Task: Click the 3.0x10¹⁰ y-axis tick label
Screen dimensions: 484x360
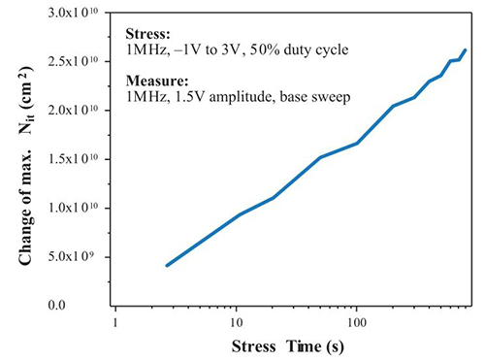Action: point(73,15)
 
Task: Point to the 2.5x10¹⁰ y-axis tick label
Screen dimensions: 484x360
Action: point(73,62)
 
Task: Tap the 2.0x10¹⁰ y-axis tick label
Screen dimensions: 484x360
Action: point(73,112)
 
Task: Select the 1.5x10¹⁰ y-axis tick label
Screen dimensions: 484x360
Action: point(73,160)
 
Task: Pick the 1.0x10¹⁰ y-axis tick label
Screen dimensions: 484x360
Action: point(73,209)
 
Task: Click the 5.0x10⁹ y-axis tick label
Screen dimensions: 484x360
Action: point(71,258)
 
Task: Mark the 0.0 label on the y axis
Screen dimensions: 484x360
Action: point(56,305)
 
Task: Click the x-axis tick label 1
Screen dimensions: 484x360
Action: point(115,322)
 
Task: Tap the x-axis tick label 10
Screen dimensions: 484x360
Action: point(236,322)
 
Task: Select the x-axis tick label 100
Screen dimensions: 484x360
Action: point(357,322)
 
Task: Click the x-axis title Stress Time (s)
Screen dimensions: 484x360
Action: point(288,346)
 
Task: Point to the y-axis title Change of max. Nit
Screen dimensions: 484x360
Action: point(26,166)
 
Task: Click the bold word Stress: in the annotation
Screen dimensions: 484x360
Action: point(147,34)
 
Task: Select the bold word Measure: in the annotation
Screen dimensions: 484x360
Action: point(157,81)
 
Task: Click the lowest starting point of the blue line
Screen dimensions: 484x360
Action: point(167,266)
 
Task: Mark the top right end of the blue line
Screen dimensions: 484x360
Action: point(466,50)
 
